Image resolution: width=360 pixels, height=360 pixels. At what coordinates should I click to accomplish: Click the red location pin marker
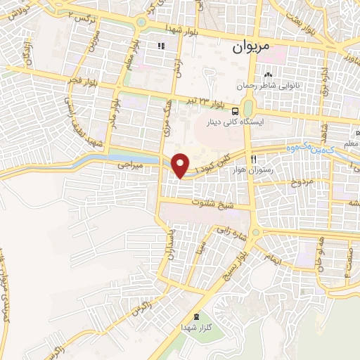(181, 165)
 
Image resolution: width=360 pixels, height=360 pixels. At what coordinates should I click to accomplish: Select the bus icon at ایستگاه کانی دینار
(234, 110)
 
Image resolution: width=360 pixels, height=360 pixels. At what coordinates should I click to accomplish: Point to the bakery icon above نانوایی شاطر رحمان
(267, 75)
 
